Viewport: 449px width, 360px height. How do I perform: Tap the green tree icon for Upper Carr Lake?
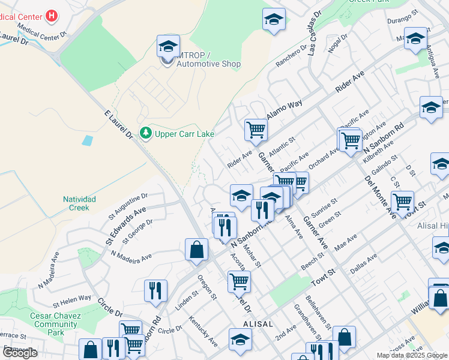point(145,133)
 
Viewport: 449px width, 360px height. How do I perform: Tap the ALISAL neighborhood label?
point(258,323)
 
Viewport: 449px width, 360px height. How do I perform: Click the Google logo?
point(19,353)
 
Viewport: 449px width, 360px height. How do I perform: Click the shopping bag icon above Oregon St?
point(197,249)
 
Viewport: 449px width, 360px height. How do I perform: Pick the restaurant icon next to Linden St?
point(155,291)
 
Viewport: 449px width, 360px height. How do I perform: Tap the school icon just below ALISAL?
point(240,339)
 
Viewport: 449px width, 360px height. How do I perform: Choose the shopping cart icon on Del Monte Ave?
point(402,201)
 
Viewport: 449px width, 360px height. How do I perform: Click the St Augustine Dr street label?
point(128,203)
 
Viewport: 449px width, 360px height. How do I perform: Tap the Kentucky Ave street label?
point(203,331)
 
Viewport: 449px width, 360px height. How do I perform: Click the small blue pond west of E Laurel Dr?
point(88,141)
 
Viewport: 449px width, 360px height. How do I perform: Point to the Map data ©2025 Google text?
point(412,355)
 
